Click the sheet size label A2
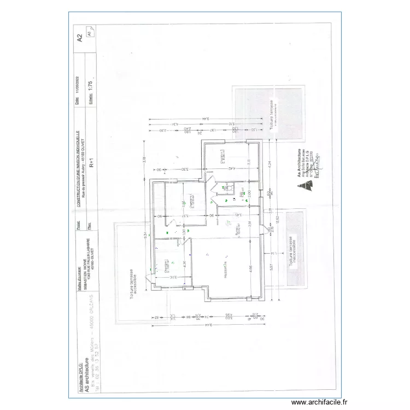click(x=80, y=37)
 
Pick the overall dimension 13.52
click(x=278, y=219)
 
